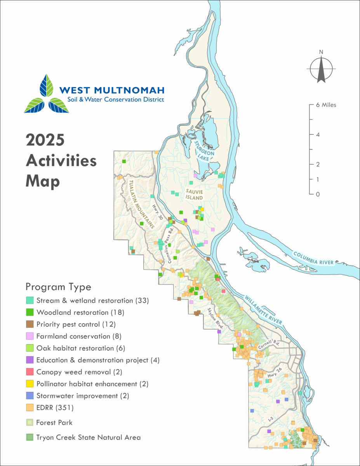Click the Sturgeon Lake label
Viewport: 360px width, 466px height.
point(205,150)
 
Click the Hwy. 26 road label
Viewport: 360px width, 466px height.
point(274,376)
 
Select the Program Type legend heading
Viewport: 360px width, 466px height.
point(58,287)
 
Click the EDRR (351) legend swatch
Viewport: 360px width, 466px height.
point(30,408)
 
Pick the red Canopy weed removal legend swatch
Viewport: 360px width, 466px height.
point(30,372)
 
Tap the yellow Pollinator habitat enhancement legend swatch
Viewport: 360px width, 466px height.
point(30,384)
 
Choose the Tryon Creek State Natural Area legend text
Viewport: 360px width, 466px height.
point(88,437)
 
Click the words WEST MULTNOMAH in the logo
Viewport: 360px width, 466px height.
point(112,90)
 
